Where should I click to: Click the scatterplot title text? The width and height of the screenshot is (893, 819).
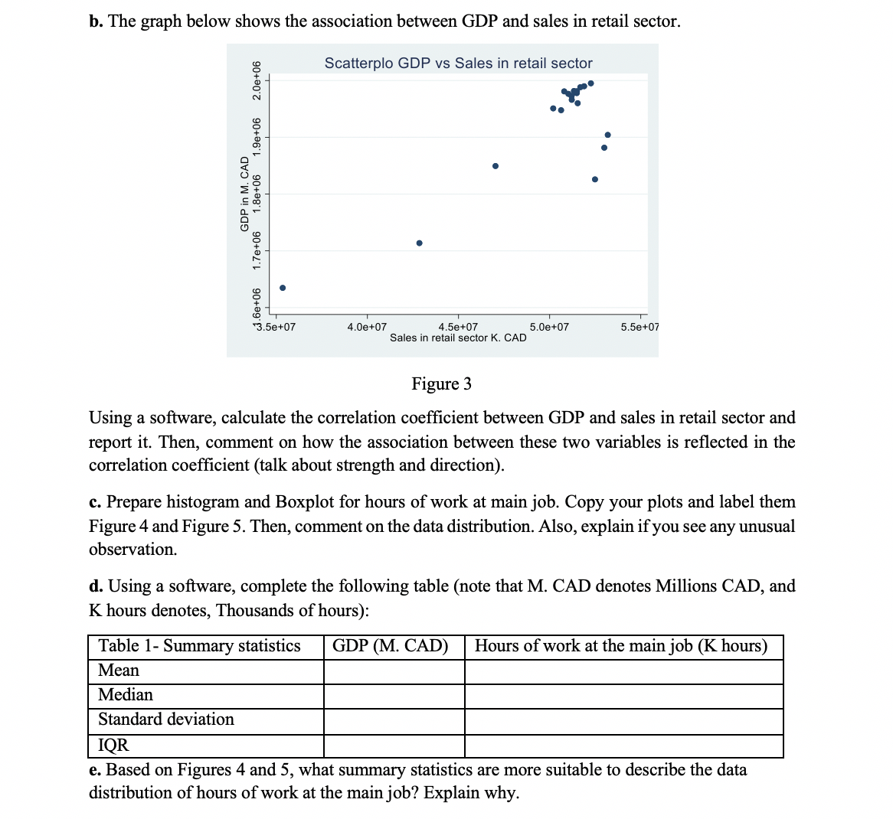point(458,64)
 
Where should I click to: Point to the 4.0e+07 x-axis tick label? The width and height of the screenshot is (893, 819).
point(367,327)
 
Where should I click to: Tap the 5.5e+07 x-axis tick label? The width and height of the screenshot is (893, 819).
point(639,327)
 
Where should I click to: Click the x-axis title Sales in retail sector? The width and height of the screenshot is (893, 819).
point(458,338)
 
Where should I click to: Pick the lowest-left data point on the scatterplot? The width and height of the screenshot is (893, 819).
point(283,288)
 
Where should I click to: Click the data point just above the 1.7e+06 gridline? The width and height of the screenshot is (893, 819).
point(419,243)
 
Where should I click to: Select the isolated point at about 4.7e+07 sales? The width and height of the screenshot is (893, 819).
point(496,166)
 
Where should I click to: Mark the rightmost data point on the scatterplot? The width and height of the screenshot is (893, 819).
point(608,135)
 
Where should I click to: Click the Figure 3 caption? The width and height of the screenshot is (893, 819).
point(441,383)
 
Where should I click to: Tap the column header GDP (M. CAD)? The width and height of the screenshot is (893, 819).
point(391,646)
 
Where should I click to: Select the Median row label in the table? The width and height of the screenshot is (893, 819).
point(126,695)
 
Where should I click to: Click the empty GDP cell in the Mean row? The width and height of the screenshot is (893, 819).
point(394,671)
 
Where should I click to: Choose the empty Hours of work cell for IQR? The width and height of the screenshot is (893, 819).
point(623,746)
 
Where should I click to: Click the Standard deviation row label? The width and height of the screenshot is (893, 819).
point(166,719)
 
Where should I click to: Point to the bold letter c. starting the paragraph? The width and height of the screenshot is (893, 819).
point(95,502)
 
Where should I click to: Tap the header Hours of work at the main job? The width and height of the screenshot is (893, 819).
point(620,646)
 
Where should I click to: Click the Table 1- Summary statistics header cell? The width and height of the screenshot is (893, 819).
point(200,646)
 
